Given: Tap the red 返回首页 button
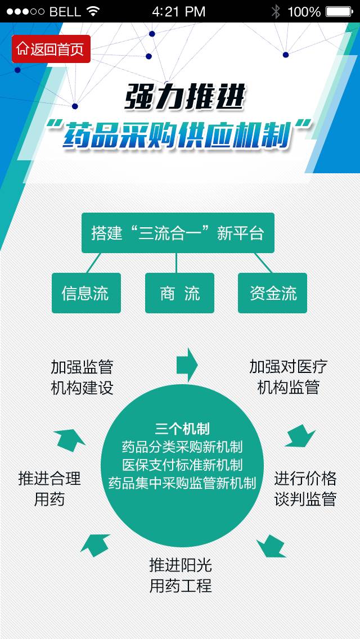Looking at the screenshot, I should pyautogui.click(x=51, y=49).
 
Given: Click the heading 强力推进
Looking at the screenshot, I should pyautogui.click(x=184, y=98).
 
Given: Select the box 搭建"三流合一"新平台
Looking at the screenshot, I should pyautogui.click(x=178, y=233).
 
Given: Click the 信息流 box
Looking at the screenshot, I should pyautogui.click(x=86, y=293).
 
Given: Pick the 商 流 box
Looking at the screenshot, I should pyautogui.click(x=179, y=293).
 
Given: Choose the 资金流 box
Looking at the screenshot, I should pyautogui.click(x=272, y=293).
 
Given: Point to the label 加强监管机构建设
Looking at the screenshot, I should pyautogui.click(x=82, y=377).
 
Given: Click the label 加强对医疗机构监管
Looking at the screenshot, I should pyautogui.click(x=288, y=377).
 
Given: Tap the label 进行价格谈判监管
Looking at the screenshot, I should pyautogui.click(x=305, y=489).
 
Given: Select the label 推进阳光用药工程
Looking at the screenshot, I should pyautogui.click(x=181, y=575).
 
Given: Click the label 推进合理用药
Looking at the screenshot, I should pyautogui.click(x=49, y=489).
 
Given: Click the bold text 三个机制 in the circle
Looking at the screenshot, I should pyautogui.click(x=182, y=429).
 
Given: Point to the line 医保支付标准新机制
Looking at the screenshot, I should pyautogui.click(x=182, y=465).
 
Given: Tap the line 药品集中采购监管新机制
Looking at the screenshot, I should pyautogui.click(x=182, y=483).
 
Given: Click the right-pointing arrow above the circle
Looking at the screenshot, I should pyautogui.click(x=187, y=364).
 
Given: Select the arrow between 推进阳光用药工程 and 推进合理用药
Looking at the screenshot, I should pyautogui.click(x=96, y=544).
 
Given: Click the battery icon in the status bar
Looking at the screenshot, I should pyautogui.click(x=339, y=11).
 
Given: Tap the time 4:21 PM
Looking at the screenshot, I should pyautogui.click(x=179, y=11).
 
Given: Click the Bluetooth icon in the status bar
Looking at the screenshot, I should pyautogui.click(x=276, y=11).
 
